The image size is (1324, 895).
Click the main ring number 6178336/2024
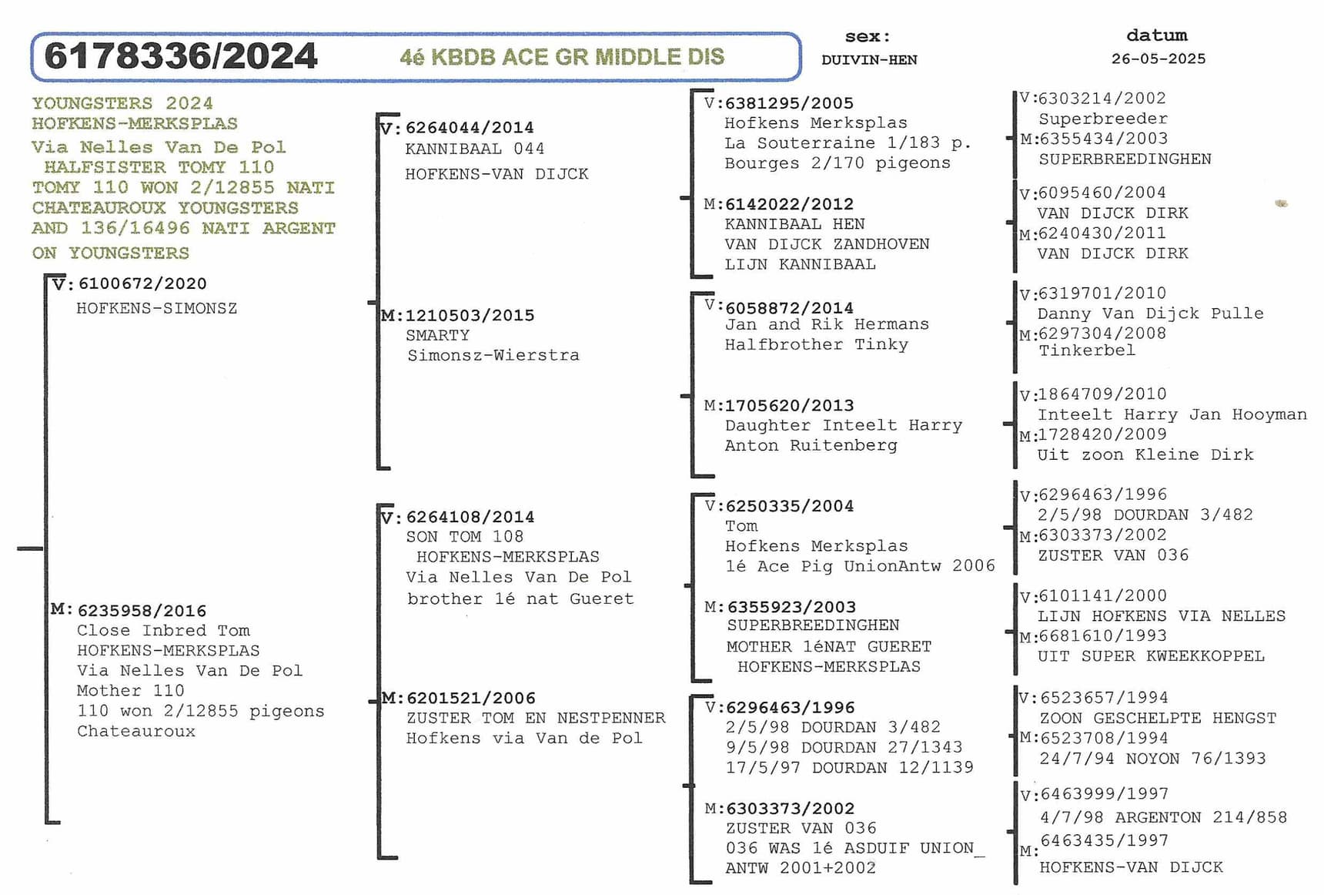(181, 56)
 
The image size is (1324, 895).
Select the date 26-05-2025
(1158, 59)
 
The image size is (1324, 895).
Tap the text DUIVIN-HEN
(869, 60)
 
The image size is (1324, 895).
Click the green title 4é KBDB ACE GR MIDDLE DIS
(562, 57)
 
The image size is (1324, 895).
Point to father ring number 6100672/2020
(142, 283)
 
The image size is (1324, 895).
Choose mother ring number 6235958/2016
(142, 611)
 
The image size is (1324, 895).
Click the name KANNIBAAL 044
(475, 149)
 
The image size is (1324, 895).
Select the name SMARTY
(437, 335)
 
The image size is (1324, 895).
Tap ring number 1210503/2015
(470, 315)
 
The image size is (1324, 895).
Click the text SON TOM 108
(465, 536)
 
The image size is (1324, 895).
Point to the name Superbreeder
(1102, 119)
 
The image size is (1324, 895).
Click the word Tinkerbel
(1086, 350)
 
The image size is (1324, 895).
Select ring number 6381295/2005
(789, 103)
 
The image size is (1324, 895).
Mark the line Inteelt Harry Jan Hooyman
(1172, 414)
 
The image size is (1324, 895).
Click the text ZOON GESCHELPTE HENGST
(1158, 718)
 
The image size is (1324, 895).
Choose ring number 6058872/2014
(789, 308)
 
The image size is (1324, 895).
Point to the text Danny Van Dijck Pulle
(1150, 313)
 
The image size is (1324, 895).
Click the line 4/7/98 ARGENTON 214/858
(1163, 817)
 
